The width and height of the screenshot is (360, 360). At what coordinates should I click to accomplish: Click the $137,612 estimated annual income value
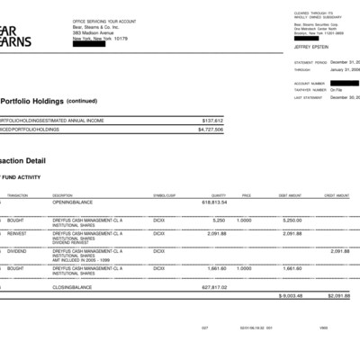(x=212, y=120)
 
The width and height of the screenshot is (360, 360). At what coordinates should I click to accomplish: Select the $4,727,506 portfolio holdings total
(x=211, y=130)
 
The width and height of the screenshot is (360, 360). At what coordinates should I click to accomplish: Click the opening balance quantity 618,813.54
(x=214, y=202)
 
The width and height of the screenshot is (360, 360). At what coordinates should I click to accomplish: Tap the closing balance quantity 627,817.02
(x=214, y=287)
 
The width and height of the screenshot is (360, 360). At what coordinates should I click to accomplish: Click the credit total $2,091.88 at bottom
(x=338, y=295)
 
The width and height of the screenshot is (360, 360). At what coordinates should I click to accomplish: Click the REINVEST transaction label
(x=15, y=233)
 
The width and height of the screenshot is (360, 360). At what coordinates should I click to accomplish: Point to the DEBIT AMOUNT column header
(x=290, y=195)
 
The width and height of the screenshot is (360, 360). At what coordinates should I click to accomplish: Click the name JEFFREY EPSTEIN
(x=311, y=45)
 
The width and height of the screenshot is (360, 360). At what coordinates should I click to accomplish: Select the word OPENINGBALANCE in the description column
(x=73, y=202)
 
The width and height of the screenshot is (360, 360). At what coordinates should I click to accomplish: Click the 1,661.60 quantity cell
(x=216, y=267)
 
